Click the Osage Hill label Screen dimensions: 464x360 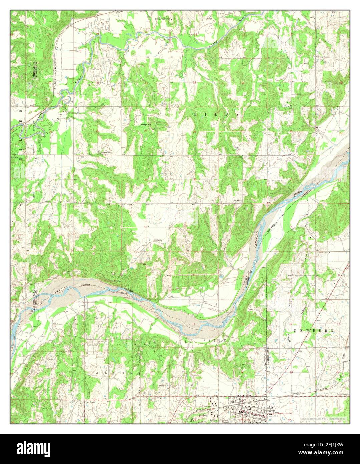145,124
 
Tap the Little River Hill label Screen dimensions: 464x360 162,19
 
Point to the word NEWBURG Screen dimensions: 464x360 313,330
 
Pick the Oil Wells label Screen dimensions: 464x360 158,240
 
